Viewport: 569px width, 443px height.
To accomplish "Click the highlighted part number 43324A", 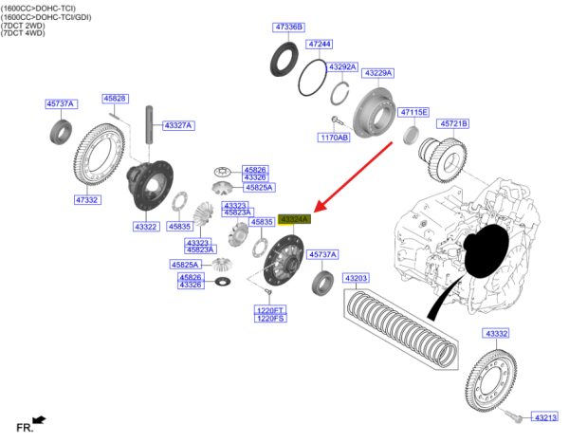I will (294, 219).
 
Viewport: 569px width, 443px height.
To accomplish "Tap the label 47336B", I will (287, 28).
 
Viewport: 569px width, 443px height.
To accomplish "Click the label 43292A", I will (341, 67).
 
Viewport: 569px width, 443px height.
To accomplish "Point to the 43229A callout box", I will (378, 73).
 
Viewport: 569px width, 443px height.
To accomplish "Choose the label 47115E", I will (413, 112).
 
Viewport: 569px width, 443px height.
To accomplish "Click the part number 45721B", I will (452, 123).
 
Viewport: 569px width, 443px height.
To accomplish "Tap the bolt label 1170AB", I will (334, 138).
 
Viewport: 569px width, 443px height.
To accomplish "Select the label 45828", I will (116, 99).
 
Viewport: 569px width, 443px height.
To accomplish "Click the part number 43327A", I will (177, 125).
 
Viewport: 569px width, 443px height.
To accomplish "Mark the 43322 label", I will (146, 227).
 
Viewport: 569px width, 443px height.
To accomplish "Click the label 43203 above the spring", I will (356, 278).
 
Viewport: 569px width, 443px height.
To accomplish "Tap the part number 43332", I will (496, 333).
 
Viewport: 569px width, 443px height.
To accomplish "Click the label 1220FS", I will (270, 318).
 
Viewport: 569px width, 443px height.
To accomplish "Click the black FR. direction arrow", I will (39, 418).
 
